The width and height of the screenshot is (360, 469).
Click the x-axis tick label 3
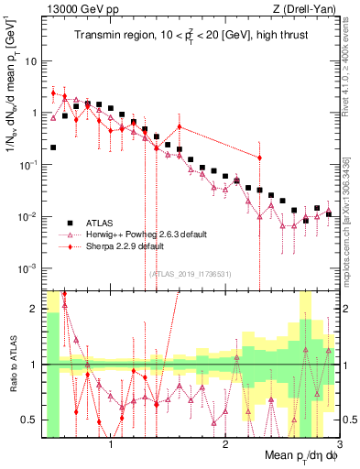click(339, 442)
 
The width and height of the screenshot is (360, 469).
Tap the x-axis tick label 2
click(225, 442)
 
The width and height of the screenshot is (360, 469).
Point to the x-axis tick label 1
click(111, 442)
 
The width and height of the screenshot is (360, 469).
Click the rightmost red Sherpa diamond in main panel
click(260, 158)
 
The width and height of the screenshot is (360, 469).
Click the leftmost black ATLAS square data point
click(53, 147)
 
